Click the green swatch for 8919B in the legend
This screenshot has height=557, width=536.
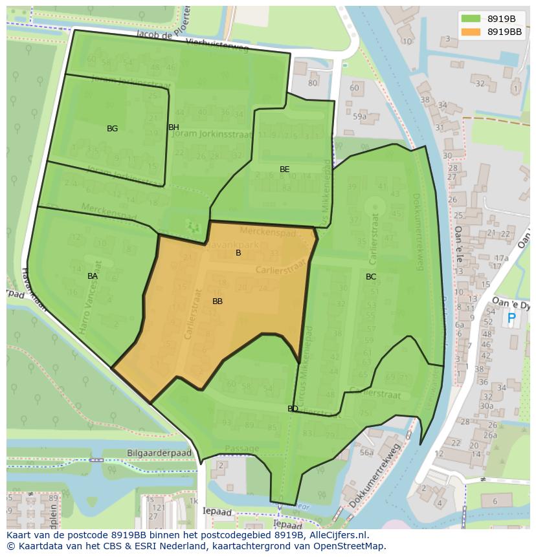click(x=471, y=19)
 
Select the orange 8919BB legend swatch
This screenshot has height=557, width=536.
click(x=471, y=31)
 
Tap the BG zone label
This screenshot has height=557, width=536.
click(x=112, y=129)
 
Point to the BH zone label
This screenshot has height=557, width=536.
click(x=173, y=127)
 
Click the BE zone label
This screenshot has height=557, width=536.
click(x=284, y=169)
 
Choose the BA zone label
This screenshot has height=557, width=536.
click(x=93, y=276)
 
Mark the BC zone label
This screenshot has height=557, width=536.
click(x=370, y=277)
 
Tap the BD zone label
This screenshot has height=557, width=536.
click(x=293, y=409)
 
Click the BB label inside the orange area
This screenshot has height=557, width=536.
click(x=218, y=301)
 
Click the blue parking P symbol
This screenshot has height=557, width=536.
click(x=511, y=318)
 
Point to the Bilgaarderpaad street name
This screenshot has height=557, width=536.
click(x=159, y=453)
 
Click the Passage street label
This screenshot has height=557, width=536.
click(x=241, y=448)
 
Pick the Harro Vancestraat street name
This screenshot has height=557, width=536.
click(x=89, y=297)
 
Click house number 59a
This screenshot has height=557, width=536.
click(x=359, y=116)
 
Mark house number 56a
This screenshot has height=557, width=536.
click(x=366, y=453)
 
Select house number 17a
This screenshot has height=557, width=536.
click(x=501, y=258)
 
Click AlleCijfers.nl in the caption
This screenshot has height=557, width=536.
click(x=335, y=536)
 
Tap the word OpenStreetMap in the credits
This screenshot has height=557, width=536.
click(x=349, y=546)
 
